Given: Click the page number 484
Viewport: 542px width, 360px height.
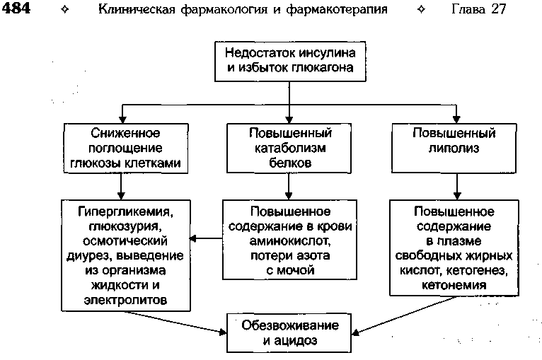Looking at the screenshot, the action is click(x=16, y=8).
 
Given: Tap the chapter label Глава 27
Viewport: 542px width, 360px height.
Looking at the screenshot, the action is click(x=479, y=9).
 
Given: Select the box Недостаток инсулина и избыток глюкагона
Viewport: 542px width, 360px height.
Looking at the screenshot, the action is click(x=290, y=62).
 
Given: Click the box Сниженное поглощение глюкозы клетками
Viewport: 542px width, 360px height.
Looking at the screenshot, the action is click(x=126, y=149).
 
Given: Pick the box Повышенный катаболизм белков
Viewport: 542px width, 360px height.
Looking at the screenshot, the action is click(x=289, y=149).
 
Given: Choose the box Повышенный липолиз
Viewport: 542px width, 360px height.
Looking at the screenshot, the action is click(x=454, y=149).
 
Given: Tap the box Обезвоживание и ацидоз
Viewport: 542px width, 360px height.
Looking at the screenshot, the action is click(x=289, y=333).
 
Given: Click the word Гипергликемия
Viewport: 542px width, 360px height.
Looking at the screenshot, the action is click(x=125, y=211).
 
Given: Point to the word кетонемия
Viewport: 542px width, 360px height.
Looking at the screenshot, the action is click(x=454, y=285).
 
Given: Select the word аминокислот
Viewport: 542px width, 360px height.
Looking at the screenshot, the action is click(x=289, y=240).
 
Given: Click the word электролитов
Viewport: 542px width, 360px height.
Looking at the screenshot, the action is click(x=125, y=300).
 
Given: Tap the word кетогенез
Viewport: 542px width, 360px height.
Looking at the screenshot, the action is click(x=477, y=270).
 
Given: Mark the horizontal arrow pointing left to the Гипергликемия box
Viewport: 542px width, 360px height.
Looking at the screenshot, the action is click(x=206, y=238).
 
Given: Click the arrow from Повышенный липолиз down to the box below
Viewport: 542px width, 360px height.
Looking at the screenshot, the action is click(x=457, y=186).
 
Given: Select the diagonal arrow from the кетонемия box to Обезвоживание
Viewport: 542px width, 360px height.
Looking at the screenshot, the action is click(x=404, y=315).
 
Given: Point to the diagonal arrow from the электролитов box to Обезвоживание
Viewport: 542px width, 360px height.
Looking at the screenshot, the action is click(x=175, y=323).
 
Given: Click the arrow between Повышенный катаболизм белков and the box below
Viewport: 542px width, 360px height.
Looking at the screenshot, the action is click(x=289, y=186).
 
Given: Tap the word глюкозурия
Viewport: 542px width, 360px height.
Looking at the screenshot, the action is click(x=125, y=226).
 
